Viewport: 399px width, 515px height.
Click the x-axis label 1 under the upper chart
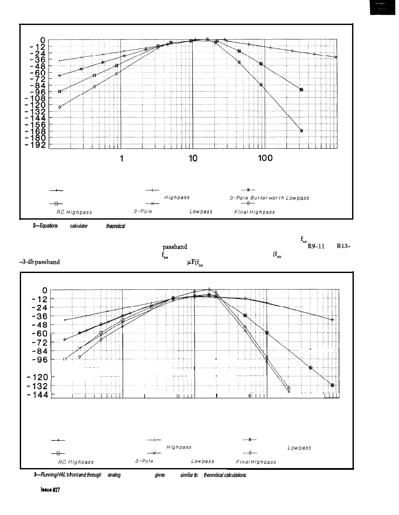(122, 158)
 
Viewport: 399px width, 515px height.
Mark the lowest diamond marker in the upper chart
(301, 130)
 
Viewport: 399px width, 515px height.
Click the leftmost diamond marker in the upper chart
(60, 107)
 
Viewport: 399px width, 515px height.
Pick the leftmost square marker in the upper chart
(60, 91)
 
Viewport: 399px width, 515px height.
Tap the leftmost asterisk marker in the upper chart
(60, 75)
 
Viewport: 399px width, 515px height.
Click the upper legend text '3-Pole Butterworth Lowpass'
(269, 198)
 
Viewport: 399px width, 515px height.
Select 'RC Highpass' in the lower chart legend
(76, 462)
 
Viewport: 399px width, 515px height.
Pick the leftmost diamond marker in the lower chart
(80, 357)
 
